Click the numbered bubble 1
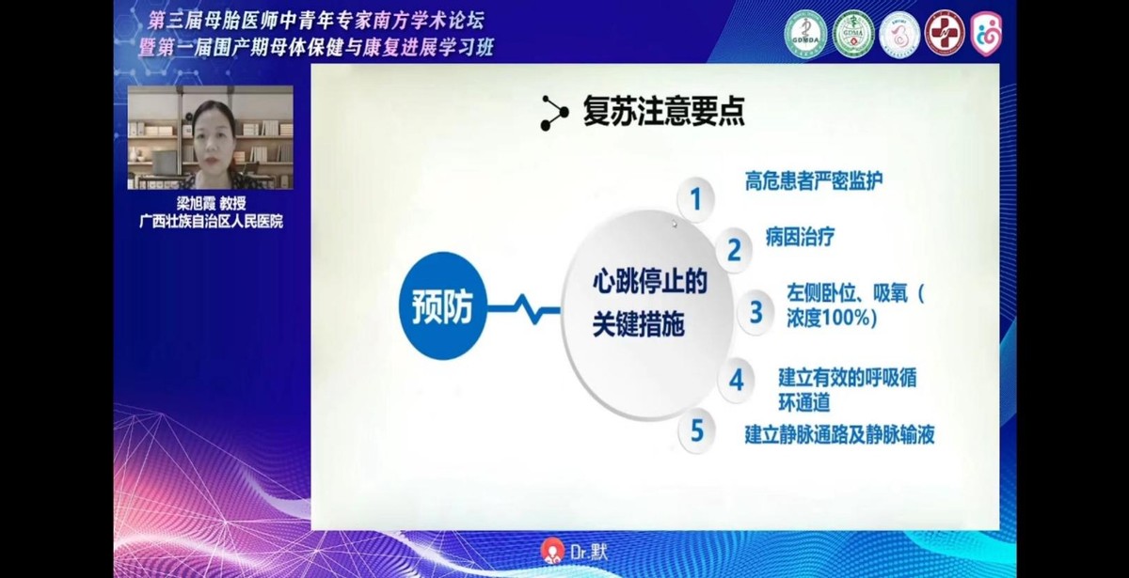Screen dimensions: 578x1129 pos(696,200)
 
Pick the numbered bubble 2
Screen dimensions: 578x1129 pos(734,251)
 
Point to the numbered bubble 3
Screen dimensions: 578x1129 pos(755,312)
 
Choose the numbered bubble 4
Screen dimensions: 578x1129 pos(737,380)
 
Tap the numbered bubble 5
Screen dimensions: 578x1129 pos(696,431)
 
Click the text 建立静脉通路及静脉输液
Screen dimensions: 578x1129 pos(839,434)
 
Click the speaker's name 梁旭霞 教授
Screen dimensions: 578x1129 pos(210,203)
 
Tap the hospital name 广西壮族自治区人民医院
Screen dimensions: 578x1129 pos(210,222)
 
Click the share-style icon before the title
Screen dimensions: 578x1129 pos(553,113)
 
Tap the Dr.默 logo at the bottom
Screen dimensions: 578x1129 pos(573,552)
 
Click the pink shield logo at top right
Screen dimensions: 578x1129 pos(986,33)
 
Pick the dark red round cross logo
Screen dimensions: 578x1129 pos(944,33)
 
